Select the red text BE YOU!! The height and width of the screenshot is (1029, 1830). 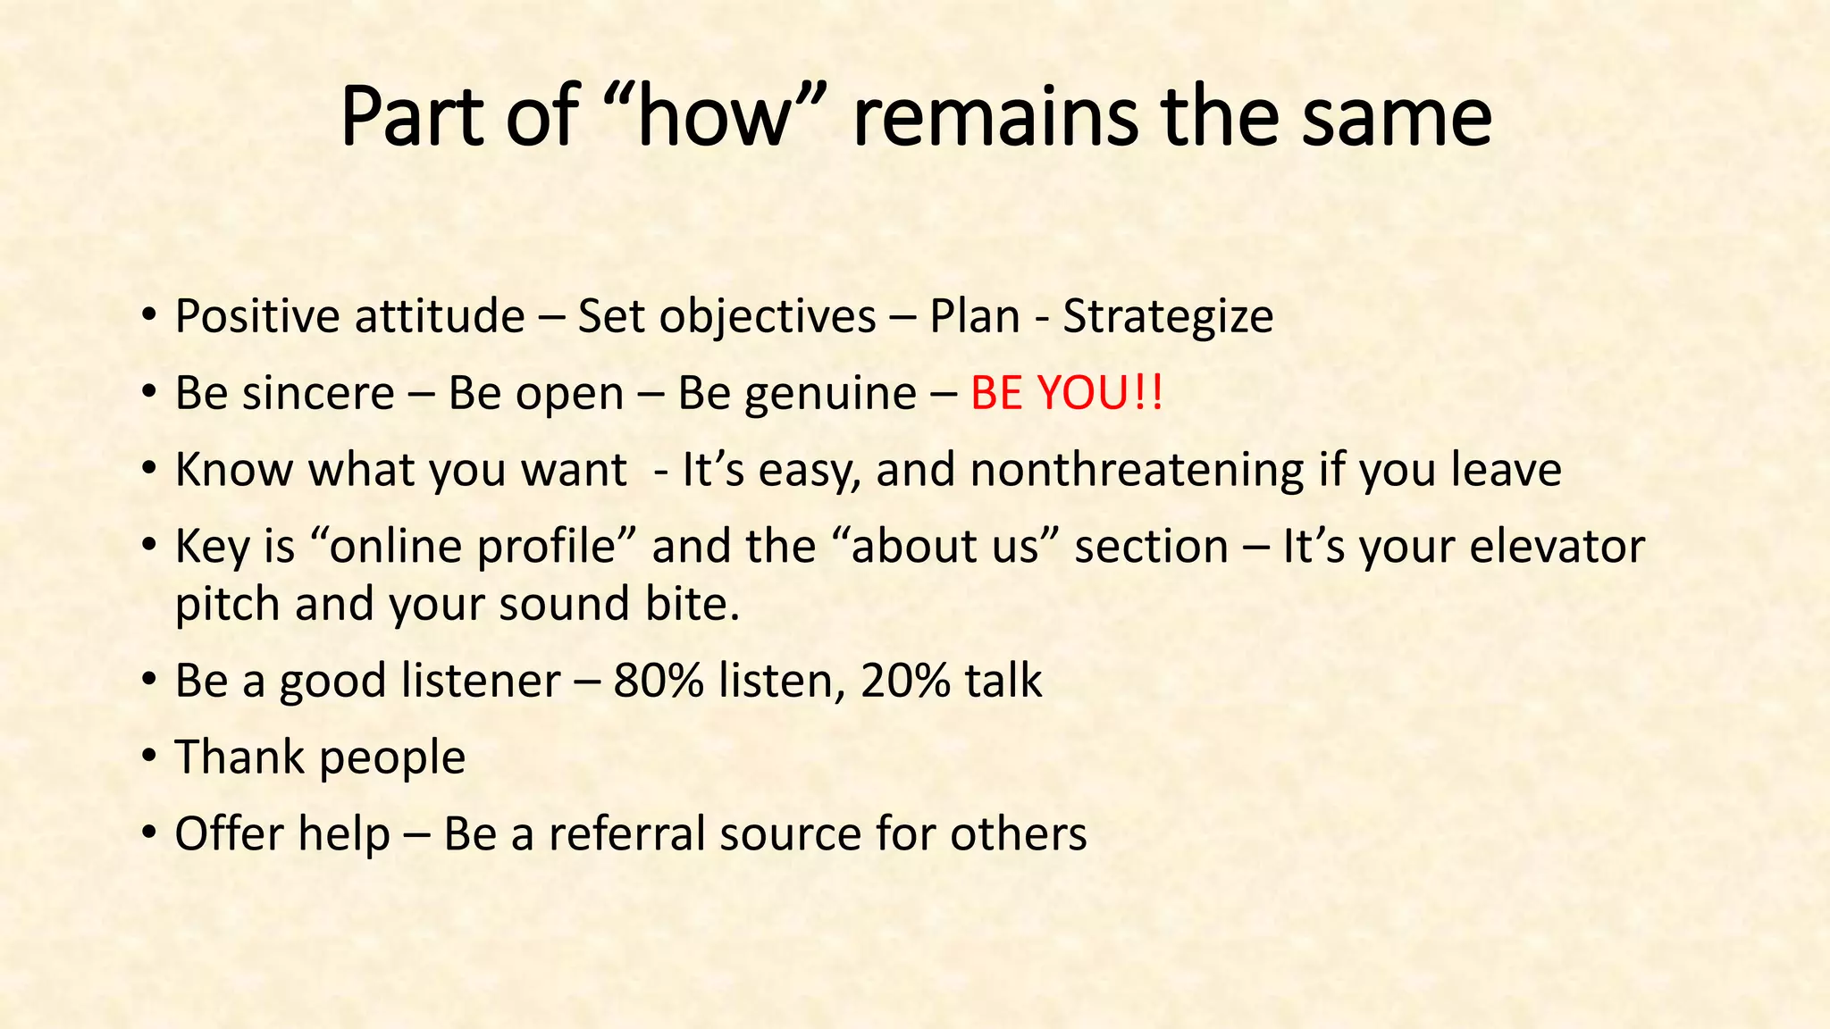coord(1067,393)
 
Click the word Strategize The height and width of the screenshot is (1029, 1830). coord(1168,316)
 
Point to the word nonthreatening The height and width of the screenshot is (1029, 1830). coord(1137,470)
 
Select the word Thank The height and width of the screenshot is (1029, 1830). coord(239,757)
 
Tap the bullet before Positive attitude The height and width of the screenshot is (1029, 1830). coord(149,316)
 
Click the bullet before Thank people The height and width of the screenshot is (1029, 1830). coord(149,757)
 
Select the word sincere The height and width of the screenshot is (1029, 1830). coord(330,393)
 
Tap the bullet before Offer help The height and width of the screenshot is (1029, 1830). coord(149,834)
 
